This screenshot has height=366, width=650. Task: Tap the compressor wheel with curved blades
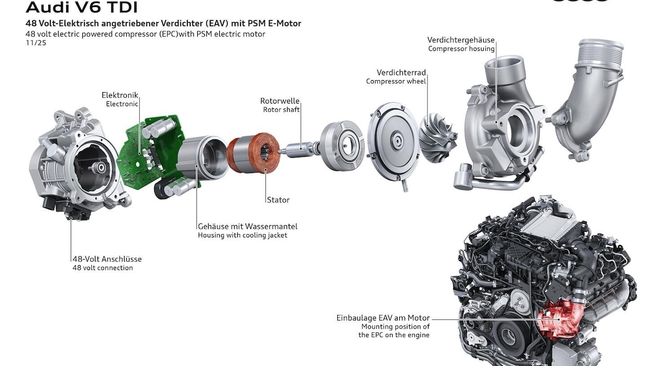(x=439, y=136)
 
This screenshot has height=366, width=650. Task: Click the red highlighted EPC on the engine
(x=561, y=317)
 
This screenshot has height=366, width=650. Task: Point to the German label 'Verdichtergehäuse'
(x=460, y=40)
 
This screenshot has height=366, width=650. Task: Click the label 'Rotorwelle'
(x=279, y=101)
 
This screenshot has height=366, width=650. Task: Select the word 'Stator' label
(x=278, y=200)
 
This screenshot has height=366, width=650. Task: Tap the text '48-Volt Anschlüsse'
(x=107, y=259)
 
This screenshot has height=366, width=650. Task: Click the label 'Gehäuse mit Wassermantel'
(x=248, y=226)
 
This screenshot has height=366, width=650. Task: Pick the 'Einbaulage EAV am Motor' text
(x=383, y=318)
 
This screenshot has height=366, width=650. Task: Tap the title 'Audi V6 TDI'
(x=81, y=8)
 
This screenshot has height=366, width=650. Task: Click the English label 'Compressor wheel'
(x=396, y=81)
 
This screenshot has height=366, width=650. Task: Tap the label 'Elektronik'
(x=120, y=95)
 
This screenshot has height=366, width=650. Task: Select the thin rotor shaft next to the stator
(x=300, y=147)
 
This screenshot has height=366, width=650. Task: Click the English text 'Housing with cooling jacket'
(x=242, y=236)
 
